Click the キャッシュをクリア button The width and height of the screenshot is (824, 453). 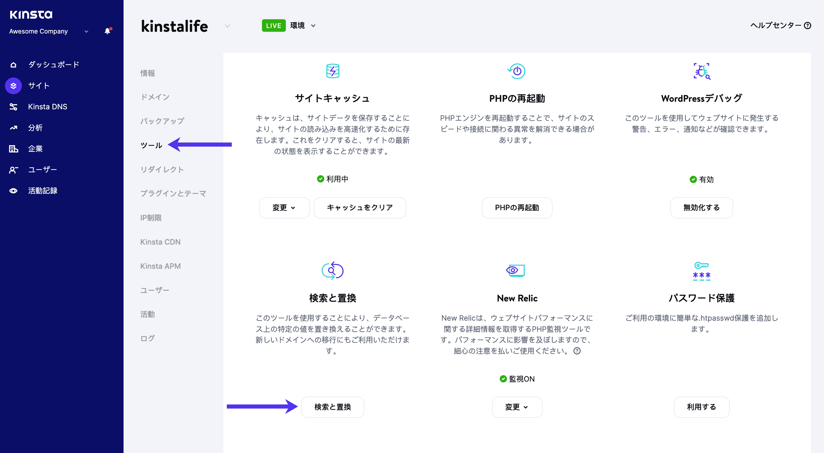coord(360,208)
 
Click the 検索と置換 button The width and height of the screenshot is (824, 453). coord(332,407)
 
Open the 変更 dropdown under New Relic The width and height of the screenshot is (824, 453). coord(517,407)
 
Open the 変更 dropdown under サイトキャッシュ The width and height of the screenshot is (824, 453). coord(284,208)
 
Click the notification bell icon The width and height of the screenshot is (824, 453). coord(108,31)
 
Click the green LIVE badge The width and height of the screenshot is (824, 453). coord(274,26)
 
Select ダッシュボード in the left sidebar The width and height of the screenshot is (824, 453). coord(53,65)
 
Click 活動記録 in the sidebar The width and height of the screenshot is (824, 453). coord(43,191)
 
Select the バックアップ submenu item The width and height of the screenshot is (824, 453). coord(162,121)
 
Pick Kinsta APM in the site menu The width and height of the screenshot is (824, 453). coord(160,266)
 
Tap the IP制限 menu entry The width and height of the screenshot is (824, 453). coord(151,218)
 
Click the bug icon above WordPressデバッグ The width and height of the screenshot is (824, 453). coord(702,71)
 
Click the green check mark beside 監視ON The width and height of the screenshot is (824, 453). coord(503,379)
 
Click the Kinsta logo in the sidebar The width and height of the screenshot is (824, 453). coord(31,14)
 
